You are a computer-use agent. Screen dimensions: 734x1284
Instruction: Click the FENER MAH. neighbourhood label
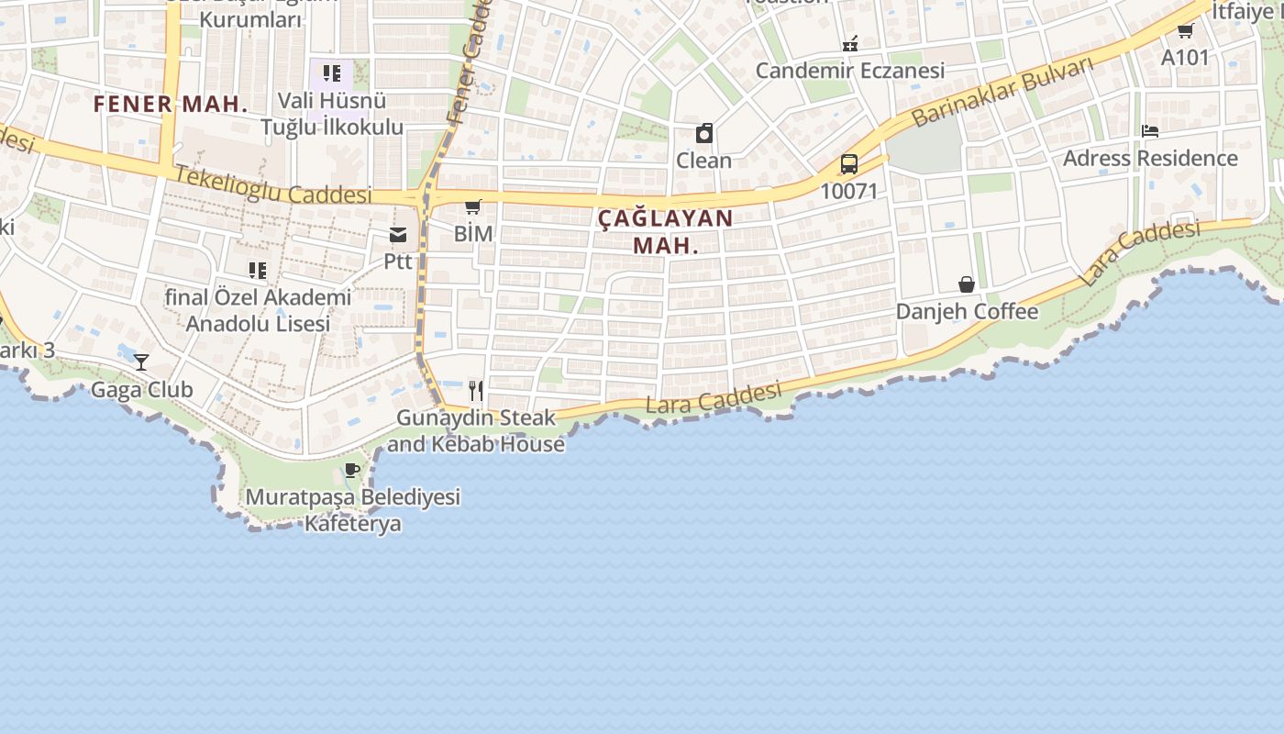(x=171, y=104)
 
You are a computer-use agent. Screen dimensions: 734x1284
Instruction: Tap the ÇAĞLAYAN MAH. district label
(x=666, y=231)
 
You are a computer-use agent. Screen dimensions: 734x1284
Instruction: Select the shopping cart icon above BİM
(x=473, y=207)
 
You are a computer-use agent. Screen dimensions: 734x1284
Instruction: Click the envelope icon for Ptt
(x=398, y=235)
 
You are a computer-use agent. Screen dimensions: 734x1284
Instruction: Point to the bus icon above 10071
(x=849, y=164)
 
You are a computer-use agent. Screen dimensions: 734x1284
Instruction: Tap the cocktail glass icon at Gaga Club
(x=141, y=361)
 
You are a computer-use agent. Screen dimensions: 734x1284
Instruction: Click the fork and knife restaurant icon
(x=476, y=391)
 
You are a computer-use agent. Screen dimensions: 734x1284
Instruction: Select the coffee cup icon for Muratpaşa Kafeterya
(x=351, y=471)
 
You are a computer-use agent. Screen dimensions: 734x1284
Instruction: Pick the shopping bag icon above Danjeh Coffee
(x=967, y=284)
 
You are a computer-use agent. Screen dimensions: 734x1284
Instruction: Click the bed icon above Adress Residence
(x=1150, y=131)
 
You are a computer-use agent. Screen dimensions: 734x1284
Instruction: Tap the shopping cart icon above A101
(x=1185, y=31)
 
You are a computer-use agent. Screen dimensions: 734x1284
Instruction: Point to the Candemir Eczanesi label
(x=850, y=71)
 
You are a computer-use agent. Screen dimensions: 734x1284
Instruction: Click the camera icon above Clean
(x=704, y=134)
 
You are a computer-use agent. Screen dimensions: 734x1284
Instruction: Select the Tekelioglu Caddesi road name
(x=273, y=184)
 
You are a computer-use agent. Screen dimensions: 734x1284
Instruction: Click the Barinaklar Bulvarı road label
(x=1004, y=91)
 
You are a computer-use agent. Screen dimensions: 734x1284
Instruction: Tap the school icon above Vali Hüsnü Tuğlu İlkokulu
(x=331, y=72)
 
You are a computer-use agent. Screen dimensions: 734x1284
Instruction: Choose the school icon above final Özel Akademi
(x=258, y=270)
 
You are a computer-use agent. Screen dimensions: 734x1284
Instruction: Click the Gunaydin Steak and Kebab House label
(x=476, y=430)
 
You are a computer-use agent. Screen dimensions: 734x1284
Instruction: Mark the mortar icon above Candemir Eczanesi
(x=850, y=43)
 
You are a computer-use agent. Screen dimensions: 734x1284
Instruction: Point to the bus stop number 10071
(x=849, y=192)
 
